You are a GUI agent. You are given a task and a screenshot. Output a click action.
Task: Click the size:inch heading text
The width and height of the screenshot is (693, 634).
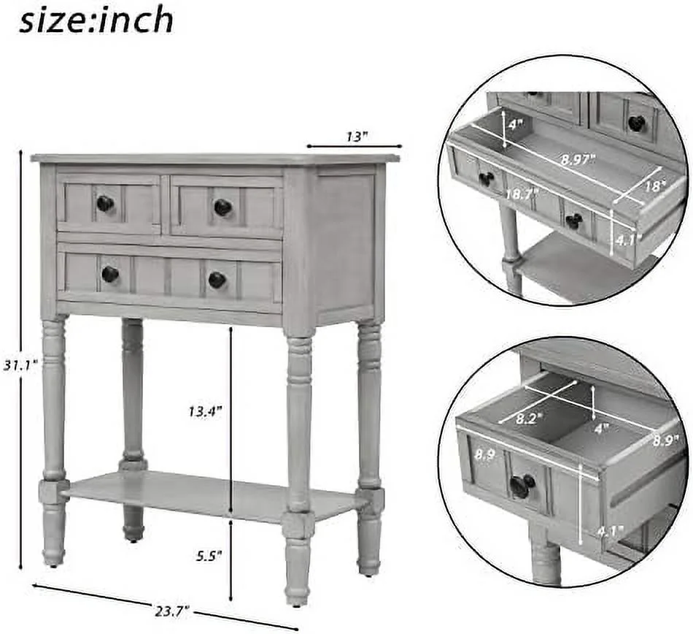[96, 20]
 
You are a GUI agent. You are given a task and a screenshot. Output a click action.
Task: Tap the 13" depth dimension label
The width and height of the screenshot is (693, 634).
[356, 137]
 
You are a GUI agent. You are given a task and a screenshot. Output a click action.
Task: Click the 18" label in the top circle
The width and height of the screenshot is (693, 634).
[655, 186]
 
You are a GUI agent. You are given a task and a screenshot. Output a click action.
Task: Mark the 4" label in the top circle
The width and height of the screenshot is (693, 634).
[516, 125]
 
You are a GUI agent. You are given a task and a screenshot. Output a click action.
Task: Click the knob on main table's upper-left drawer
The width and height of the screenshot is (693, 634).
[105, 203]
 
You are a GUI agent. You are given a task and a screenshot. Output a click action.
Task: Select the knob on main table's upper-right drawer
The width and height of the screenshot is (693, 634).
[222, 207]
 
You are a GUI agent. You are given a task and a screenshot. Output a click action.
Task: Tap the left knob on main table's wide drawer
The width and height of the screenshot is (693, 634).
[110, 274]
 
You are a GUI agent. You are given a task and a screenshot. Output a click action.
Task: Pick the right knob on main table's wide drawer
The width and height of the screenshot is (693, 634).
[217, 279]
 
